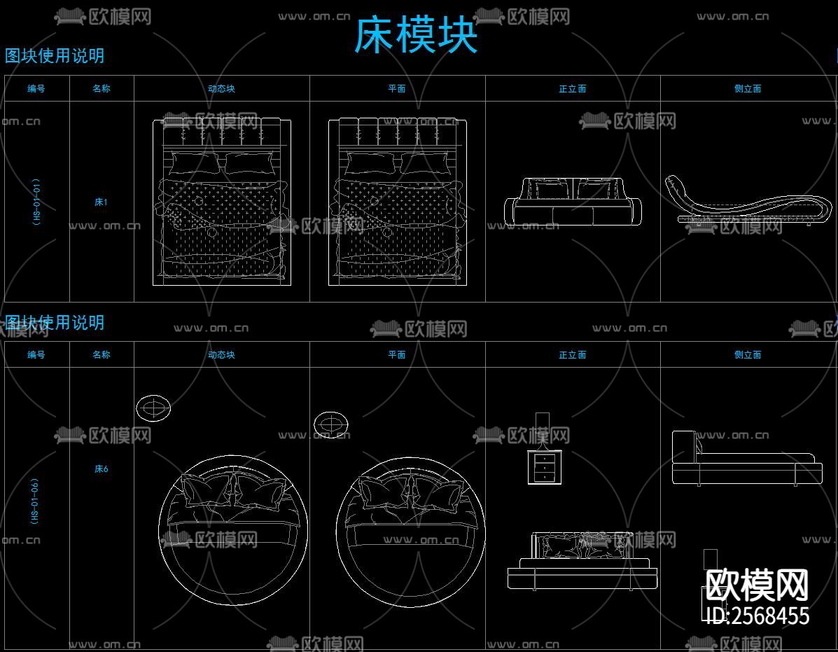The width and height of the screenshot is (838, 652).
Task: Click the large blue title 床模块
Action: click(x=416, y=36)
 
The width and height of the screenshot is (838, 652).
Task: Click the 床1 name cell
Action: click(x=102, y=202)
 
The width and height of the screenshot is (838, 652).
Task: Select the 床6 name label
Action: click(x=102, y=469)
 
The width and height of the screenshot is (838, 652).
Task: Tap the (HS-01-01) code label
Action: click(x=36, y=202)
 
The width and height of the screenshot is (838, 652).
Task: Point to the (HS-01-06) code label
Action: click(x=35, y=501)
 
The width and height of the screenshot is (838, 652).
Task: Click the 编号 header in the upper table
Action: click(x=36, y=89)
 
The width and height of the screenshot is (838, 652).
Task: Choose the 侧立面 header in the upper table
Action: click(x=748, y=89)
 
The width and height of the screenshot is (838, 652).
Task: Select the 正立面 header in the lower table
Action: click(x=572, y=355)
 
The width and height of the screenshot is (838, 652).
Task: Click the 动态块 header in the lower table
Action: click(x=221, y=355)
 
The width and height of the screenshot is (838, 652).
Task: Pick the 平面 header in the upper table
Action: click(x=397, y=89)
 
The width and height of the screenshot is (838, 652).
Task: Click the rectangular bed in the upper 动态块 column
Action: click(x=222, y=202)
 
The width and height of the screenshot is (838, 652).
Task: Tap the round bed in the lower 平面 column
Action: click(x=411, y=530)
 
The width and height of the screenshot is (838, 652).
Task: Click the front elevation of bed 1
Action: click(x=573, y=202)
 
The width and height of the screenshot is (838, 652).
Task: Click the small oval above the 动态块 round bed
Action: click(x=153, y=408)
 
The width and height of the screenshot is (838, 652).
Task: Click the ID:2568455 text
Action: click(x=756, y=616)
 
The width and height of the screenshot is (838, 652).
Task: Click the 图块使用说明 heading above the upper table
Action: click(x=55, y=56)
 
